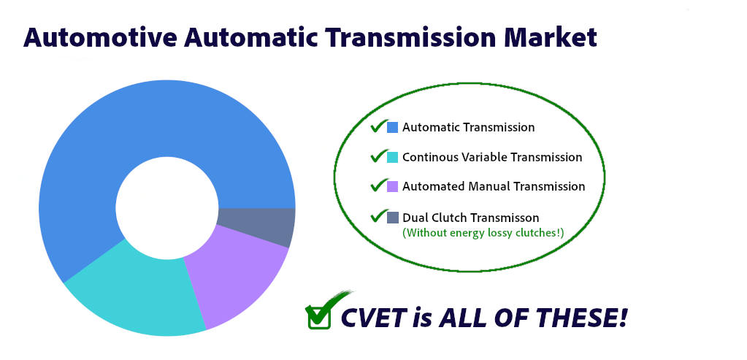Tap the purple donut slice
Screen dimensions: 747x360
[234, 276]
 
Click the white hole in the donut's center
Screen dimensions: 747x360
[167, 208]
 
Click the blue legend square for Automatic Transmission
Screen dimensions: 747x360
[393, 127]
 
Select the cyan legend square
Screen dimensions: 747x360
[393, 157]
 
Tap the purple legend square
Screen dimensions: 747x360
[393, 186]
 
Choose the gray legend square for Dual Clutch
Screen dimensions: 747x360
[393, 218]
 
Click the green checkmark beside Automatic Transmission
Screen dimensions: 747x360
[379, 126]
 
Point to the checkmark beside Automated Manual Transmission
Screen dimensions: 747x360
[379, 185]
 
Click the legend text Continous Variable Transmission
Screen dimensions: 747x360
[492, 157]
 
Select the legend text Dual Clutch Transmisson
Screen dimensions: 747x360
[471, 218]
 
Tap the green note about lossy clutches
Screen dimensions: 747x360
[483, 234]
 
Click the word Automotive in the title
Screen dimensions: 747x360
[100, 38]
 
